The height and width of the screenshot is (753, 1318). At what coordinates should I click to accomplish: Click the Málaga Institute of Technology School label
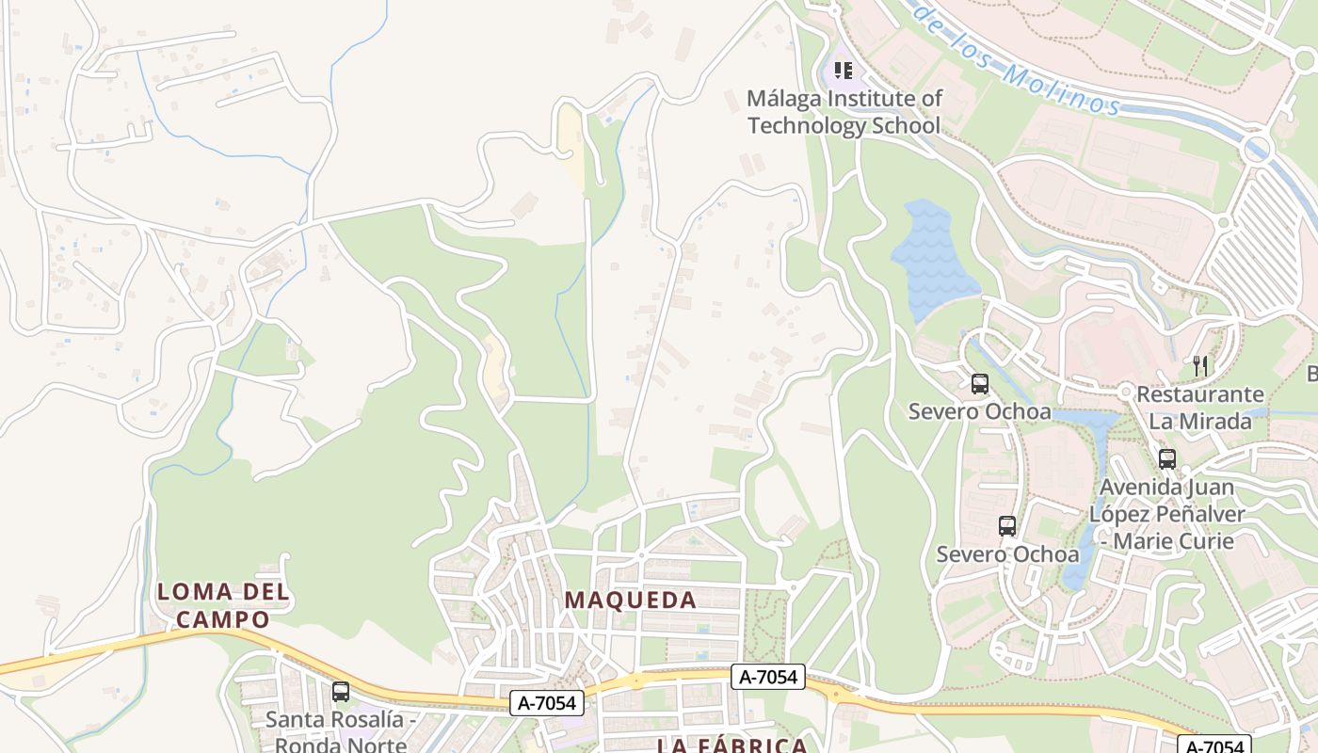tap(844, 112)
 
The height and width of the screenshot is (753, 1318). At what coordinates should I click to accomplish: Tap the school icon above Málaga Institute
tap(844, 71)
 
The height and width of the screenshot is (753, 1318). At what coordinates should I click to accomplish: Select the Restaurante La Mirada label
tap(1200, 407)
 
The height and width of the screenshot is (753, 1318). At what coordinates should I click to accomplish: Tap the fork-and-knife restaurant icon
tap(1200, 365)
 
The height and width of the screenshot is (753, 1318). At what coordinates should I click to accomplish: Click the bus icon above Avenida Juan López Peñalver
tap(1167, 459)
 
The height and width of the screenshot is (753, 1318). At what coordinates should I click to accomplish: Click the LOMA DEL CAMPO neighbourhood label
tap(223, 605)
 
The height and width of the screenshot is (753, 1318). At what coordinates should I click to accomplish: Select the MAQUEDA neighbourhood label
tap(631, 600)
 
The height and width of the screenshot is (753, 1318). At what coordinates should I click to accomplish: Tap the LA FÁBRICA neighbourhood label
tap(731, 745)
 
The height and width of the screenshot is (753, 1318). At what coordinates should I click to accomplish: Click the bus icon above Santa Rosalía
tap(341, 692)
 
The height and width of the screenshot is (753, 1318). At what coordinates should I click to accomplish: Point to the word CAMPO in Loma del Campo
tap(223, 619)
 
